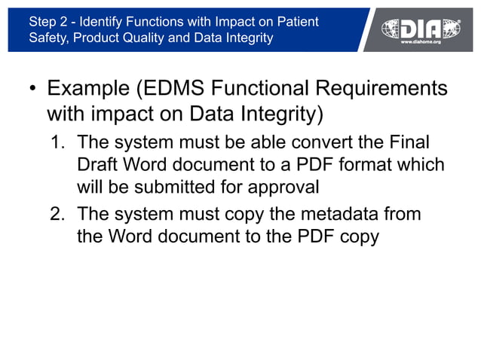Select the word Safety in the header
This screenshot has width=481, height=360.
[47, 38]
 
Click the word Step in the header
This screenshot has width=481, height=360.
[41, 22]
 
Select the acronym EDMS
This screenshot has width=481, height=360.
[172, 90]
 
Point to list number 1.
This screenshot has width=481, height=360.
[57, 142]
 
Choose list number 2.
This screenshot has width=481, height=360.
[57, 215]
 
